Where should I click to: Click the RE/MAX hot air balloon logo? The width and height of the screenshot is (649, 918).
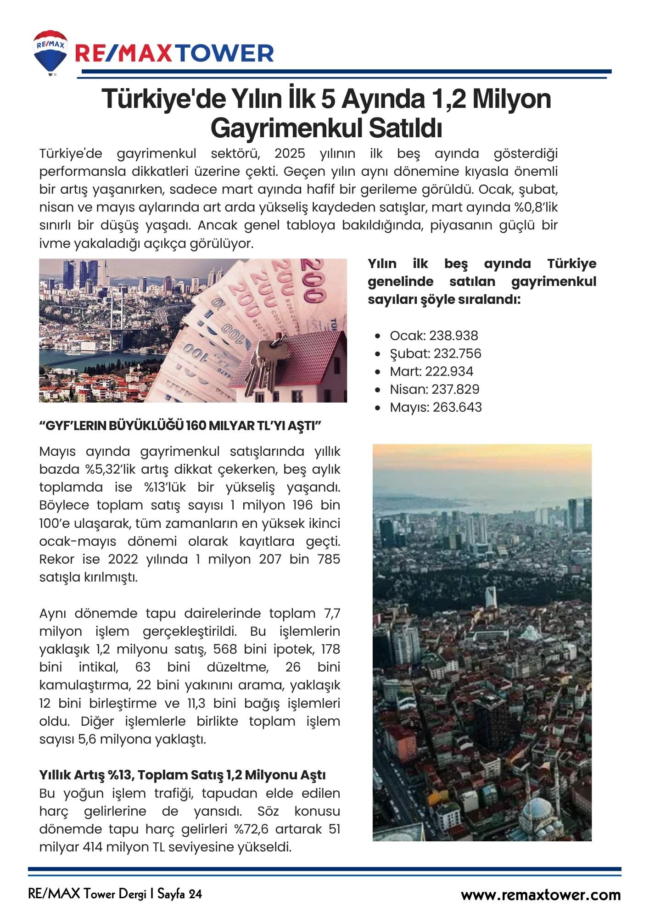click(50, 52)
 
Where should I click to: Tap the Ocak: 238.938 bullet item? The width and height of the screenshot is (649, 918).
click(434, 336)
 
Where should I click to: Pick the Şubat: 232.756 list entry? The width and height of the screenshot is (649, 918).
click(435, 353)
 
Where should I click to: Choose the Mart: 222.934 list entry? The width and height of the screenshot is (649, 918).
click(431, 371)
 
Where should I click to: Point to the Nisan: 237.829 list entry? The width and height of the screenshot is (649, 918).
click(434, 389)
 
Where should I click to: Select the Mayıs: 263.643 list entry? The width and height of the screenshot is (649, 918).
click(436, 407)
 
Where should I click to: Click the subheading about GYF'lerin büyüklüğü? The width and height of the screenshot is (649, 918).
click(180, 426)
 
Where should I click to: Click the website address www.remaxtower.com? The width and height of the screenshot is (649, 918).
click(541, 895)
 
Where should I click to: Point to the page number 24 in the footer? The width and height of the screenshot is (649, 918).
click(195, 894)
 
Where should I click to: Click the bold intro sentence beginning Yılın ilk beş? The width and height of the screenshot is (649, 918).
click(481, 281)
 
